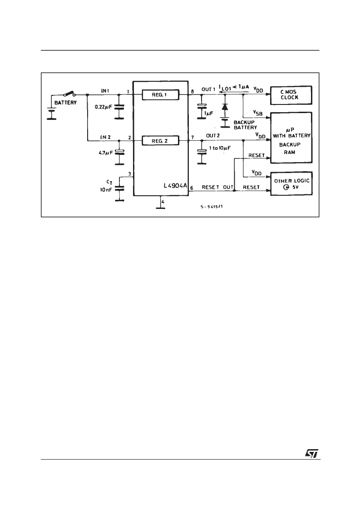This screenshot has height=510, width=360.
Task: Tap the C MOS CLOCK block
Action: click(291, 95)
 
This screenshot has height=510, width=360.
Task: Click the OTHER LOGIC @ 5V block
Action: click(291, 183)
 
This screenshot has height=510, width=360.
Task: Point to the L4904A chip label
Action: click(176, 186)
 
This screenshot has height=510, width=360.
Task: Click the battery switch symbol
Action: click(69, 94)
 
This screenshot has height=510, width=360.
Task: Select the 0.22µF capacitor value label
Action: click(104, 107)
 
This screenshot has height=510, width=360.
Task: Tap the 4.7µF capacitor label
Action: click(106, 152)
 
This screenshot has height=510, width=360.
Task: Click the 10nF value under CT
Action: click(106, 190)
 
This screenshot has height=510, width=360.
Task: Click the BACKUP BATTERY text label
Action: click(245, 125)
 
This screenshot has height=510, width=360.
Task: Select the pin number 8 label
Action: click(192, 92)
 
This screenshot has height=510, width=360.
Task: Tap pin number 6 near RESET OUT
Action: click(192, 188)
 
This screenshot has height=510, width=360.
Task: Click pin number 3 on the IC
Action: click(129, 174)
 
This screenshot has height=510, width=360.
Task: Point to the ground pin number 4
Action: click(163, 202)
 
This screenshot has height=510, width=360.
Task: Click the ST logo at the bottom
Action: click(312, 453)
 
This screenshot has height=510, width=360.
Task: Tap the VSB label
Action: click(258, 113)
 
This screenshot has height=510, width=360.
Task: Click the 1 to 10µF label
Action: click(220, 148)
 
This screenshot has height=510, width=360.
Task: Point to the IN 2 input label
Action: click(105, 137)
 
